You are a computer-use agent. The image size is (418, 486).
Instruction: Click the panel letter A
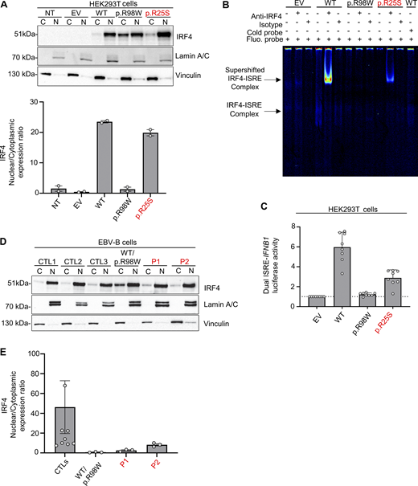(x=6, y=6)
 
